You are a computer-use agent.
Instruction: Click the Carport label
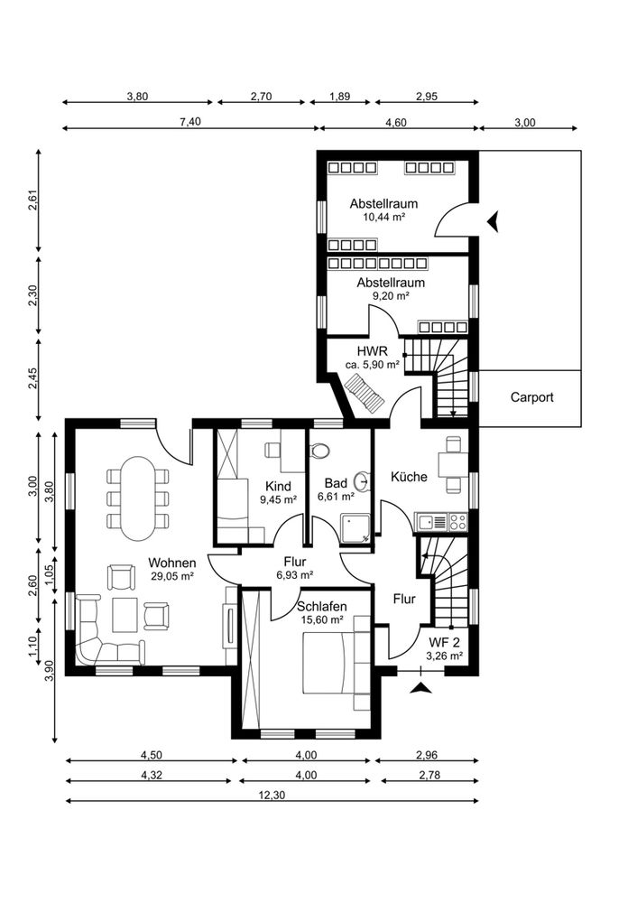point(531,397)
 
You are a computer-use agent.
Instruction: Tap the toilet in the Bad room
point(319,449)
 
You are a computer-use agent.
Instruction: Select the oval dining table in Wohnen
point(138,498)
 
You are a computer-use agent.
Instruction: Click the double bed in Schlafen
point(328,662)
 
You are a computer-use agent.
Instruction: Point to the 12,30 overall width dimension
point(272,796)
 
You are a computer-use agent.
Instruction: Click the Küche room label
point(409,477)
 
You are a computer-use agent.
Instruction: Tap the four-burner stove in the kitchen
point(458,522)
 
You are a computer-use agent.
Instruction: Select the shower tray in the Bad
point(355,529)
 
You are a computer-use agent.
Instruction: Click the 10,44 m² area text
point(383,217)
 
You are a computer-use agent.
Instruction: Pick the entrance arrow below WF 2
point(421,687)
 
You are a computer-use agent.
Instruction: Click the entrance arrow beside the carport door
point(493,220)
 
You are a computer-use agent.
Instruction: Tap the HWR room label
point(372,351)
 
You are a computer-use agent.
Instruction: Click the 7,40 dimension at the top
point(189,122)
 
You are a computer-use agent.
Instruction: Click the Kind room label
point(278,487)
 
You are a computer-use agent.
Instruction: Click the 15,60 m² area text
point(322,619)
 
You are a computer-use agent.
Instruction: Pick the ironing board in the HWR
point(364,393)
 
